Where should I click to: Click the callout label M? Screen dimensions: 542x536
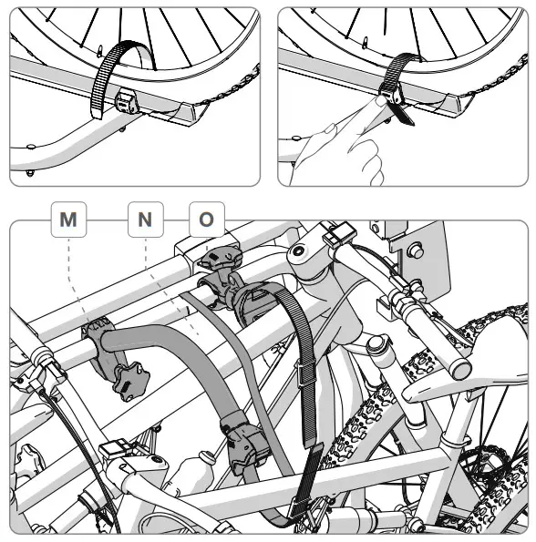click(68, 220)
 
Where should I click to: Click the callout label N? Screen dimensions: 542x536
click(146, 220)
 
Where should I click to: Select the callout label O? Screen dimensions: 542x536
click(206, 220)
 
